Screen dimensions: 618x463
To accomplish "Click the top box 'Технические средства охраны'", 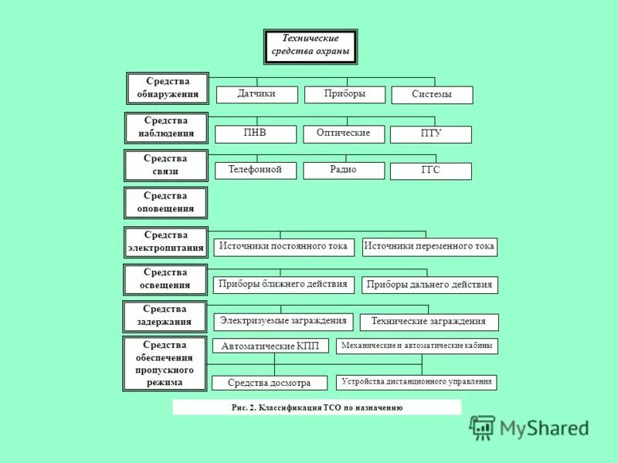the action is tap(311, 46).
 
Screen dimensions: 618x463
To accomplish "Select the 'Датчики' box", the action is tap(256, 94).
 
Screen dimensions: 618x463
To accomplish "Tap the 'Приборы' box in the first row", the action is tap(345, 94).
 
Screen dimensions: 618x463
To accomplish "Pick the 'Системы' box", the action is tap(431, 95).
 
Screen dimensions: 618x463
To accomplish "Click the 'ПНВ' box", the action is tap(255, 133).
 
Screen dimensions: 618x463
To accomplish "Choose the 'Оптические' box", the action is tap(344, 133).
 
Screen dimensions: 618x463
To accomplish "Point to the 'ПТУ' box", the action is tap(430, 134).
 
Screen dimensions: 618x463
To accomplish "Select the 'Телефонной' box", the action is tap(255, 170).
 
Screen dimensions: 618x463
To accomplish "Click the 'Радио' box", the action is tap(344, 170).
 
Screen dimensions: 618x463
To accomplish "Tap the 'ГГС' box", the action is tap(430, 171).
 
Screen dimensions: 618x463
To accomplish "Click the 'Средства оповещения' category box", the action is tap(166, 202).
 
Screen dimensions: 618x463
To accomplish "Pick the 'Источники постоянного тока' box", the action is tap(284, 247).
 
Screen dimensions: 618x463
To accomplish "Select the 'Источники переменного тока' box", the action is tap(430, 247).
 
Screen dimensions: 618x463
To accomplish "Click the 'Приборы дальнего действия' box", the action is tap(430, 285).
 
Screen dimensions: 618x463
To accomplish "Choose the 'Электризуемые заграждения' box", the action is tap(284, 321).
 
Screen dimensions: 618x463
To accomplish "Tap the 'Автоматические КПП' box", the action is tap(270, 346).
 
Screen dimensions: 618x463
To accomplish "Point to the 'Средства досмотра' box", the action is tap(270, 383).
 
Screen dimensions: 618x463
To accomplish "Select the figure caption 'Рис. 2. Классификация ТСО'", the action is tap(317, 407).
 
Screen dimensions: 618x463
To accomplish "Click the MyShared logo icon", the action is tap(483, 428).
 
